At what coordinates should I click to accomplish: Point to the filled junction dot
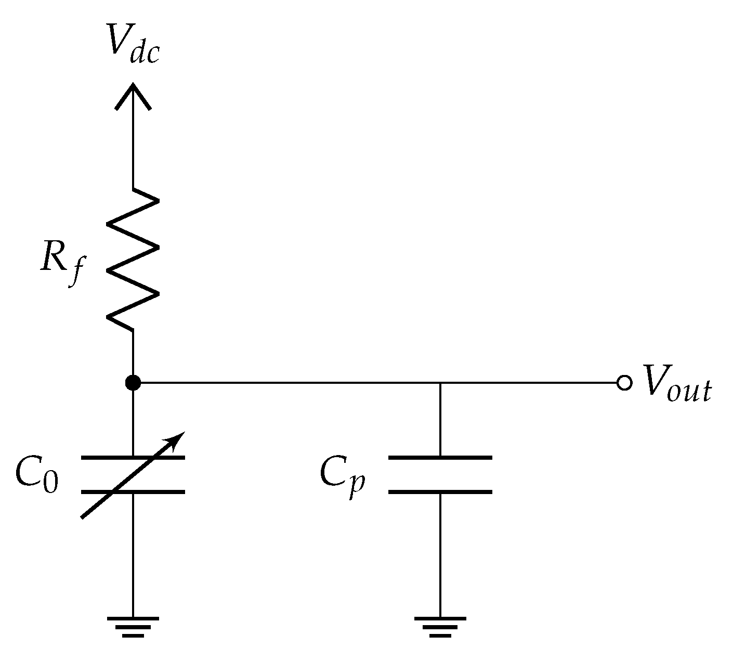pyautogui.click(x=133, y=383)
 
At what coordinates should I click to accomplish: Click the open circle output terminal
pyautogui.click(x=624, y=383)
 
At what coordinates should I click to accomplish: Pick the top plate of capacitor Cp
pyautogui.click(x=440, y=458)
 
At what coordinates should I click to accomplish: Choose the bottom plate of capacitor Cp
pyautogui.click(x=440, y=491)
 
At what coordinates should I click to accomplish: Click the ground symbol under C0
pyautogui.click(x=133, y=626)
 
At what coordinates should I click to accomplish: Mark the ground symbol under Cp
pyautogui.click(x=440, y=626)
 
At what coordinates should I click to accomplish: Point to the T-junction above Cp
pyautogui.click(x=440, y=383)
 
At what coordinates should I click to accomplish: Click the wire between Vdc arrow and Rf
pyautogui.click(x=133, y=146)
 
